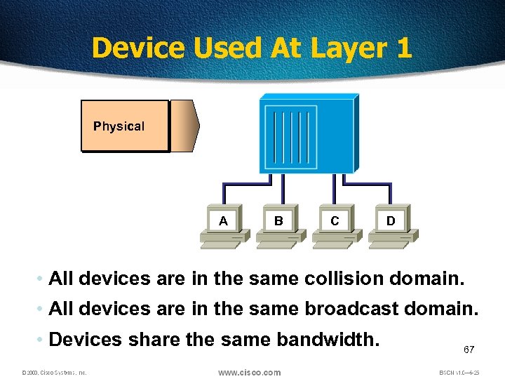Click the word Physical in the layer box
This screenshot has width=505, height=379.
[119, 126]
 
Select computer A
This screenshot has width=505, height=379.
[223, 225]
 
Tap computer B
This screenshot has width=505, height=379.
[278, 225]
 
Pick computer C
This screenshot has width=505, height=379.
[335, 225]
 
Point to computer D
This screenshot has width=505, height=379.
[391, 225]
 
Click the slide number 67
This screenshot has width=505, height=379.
[469, 349]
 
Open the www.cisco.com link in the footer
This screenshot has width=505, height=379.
[249, 372]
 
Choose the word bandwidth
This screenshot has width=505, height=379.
[328, 340]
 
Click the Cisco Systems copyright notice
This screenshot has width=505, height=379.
[54, 373]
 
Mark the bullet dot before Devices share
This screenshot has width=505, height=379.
[40, 340]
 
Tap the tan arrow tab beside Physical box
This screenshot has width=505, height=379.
[184, 126]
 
